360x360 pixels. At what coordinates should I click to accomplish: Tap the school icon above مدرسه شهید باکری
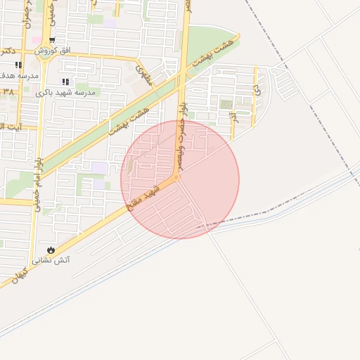coord(66,82)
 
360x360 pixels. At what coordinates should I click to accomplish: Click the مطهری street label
coord(144,76)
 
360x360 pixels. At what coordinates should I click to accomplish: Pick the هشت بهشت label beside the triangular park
coord(214,53)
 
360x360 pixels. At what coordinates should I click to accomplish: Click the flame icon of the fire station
coord(50,250)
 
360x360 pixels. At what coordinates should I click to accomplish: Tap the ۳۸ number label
coord(7,92)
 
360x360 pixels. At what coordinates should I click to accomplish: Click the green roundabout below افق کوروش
coord(48,59)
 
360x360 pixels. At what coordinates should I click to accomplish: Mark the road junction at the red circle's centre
coord(179,179)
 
